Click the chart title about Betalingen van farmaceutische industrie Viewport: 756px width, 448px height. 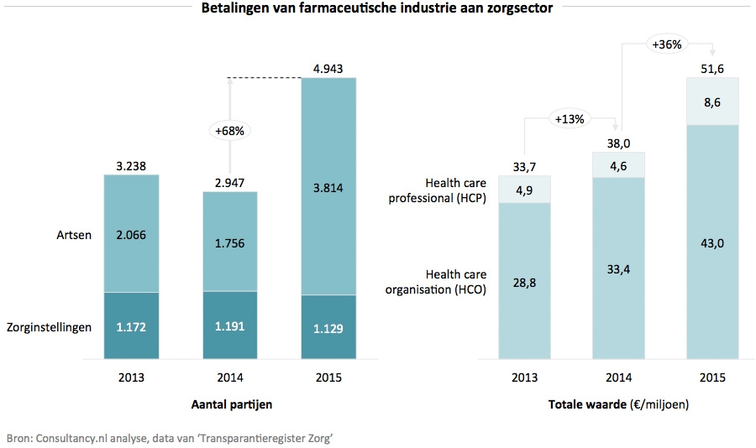click(x=376, y=9)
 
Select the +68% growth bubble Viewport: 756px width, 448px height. click(x=229, y=131)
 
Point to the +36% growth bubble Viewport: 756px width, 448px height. click(x=665, y=44)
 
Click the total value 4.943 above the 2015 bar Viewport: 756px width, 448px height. click(x=328, y=68)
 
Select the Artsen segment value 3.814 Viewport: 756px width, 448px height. click(x=328, y=187)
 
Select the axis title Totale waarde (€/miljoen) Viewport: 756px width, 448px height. click(x=619, y=405)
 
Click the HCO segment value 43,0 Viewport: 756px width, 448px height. click(x=713, y=242)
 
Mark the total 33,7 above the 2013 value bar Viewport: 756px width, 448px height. click(x=526, y=165)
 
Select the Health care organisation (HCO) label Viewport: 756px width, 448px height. click(x=455, y=282)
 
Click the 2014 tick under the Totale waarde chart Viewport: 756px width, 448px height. click(x=619, y=378)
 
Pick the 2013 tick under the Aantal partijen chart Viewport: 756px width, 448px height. click(x=130, y=378)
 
